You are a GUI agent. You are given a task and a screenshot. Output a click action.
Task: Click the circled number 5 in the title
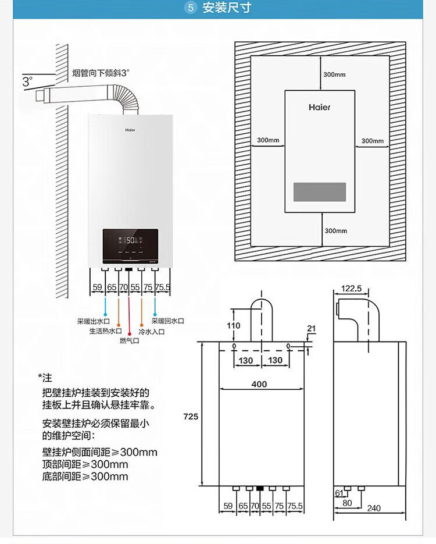point(191,8)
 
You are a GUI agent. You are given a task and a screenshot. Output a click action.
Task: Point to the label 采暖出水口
point(94,321)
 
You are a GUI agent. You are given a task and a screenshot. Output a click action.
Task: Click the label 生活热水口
point(105,330)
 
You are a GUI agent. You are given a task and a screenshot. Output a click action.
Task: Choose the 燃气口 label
point(129,340)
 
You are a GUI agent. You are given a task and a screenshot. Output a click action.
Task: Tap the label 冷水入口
point(152,330)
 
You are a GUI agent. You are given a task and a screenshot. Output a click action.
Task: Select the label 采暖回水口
point(167,321)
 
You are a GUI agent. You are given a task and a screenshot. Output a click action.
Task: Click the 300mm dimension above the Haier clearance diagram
point(334,74)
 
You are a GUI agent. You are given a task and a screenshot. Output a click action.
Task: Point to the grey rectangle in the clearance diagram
point(320,192)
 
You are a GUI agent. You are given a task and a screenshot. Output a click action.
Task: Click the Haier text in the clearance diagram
point(319,108)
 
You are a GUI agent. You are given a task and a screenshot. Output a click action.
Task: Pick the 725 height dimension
point(191,417)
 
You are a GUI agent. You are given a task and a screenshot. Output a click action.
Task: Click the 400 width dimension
point(259,384)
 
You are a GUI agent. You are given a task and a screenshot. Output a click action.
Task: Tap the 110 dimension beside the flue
point(233,326)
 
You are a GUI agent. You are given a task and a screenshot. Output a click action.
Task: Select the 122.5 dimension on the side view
point(352,288)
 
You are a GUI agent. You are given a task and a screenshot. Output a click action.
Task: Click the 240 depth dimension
point(374,508)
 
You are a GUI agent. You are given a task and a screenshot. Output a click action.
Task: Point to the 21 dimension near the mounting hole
point(311,329)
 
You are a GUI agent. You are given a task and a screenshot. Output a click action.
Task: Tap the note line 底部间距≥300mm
point(85,477)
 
